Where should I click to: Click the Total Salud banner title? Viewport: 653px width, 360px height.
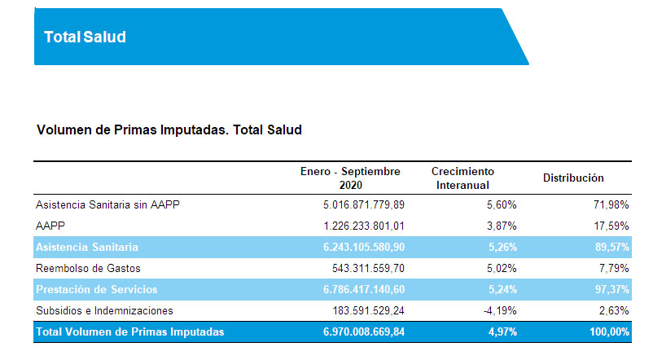pos(85,37)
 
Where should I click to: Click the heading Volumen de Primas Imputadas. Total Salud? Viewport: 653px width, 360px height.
pos(169,130)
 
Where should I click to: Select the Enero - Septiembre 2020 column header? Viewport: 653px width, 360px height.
pos(351,178)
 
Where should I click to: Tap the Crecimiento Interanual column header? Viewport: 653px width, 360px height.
pos(462,178)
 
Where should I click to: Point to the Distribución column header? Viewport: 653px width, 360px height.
pos(573,178)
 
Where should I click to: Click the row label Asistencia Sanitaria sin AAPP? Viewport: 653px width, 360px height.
pos(107,204)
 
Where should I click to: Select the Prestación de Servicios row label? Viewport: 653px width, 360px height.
pos(97,289)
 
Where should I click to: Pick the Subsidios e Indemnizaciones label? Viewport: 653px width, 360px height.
pos(104,310)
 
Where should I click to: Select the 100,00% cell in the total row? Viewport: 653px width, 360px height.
pos(607,331)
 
